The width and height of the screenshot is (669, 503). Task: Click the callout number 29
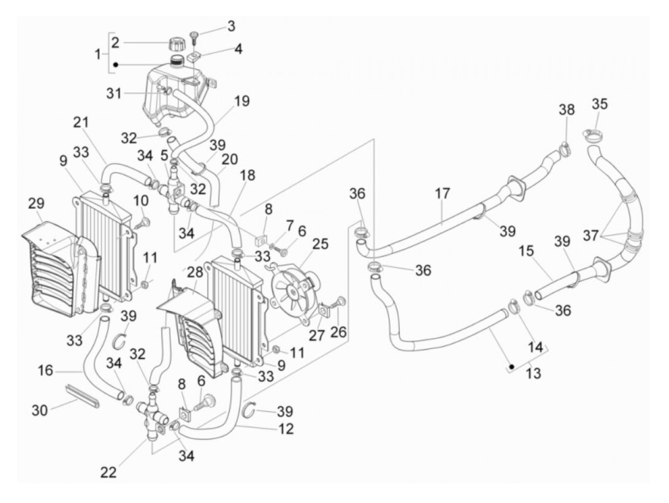coord(36,203)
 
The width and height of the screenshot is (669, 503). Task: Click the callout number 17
coord(442,194)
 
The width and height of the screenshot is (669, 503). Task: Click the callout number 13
coord(533,372)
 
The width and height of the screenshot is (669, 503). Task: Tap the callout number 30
coord(40,410)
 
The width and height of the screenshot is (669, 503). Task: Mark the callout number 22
coord(108,472)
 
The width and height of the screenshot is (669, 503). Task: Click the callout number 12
coord(285,428)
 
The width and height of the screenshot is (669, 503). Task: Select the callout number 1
coord(97,54)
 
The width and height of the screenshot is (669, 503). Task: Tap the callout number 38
coord(567,109)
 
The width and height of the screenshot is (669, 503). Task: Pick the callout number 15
coord(527,251)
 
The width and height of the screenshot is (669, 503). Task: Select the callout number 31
coord(114,93)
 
